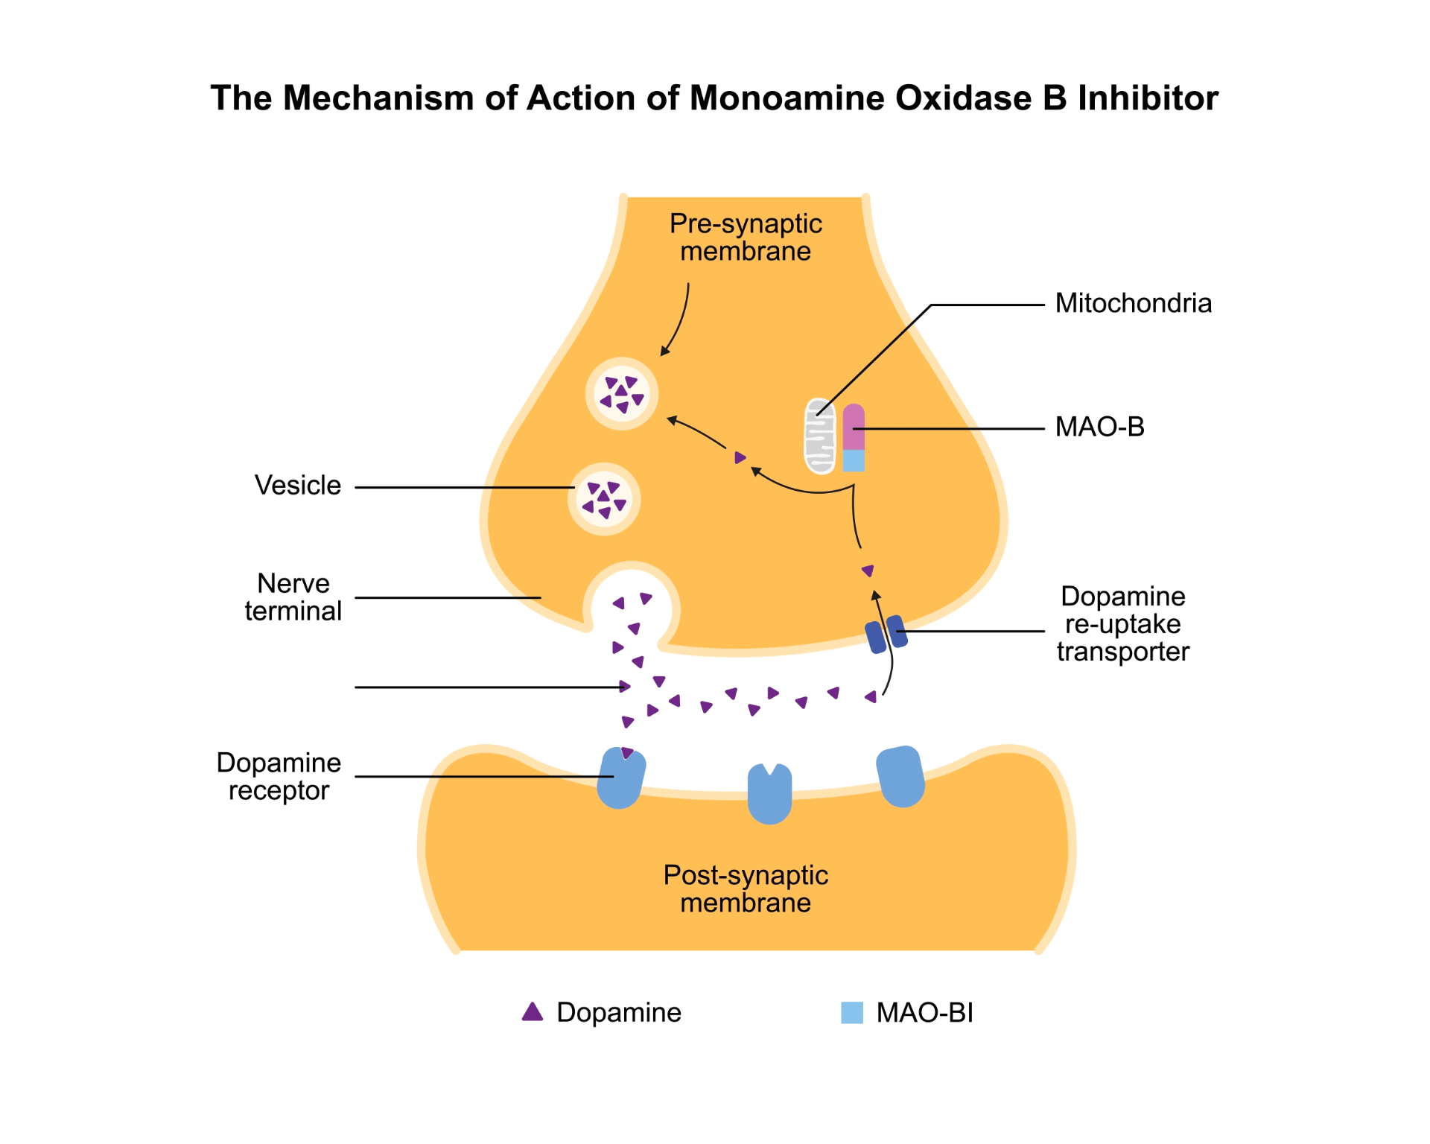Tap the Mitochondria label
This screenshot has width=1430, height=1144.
click(1133, 304)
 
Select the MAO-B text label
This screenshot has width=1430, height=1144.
click(1099, 428)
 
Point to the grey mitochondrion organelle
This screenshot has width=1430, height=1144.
click(820, 437)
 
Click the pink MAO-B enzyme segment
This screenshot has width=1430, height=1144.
click(854, 428)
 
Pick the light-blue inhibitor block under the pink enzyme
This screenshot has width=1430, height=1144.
click(854, 461)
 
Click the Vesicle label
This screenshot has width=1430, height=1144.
click(297, 486)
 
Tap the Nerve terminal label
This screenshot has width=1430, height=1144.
click(293, 597)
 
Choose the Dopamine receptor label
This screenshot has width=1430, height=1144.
click(279, 777)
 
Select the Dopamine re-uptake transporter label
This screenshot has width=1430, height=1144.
click(1122, 624)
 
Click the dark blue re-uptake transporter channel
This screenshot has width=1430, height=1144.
click(886, 635)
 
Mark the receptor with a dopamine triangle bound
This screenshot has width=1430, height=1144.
click(621, 779)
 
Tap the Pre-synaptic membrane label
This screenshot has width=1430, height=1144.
click(746, 238)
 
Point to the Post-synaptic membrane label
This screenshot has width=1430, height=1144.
click(746, 889)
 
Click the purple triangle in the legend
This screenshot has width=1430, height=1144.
click(533, 1012)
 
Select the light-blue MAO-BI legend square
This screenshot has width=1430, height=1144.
click(852, 1013)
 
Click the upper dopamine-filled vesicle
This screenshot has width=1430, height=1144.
click(622, 394)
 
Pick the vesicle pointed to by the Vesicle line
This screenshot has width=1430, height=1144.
click(604, 499)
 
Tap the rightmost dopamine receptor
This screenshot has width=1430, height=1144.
click(900, 777)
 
